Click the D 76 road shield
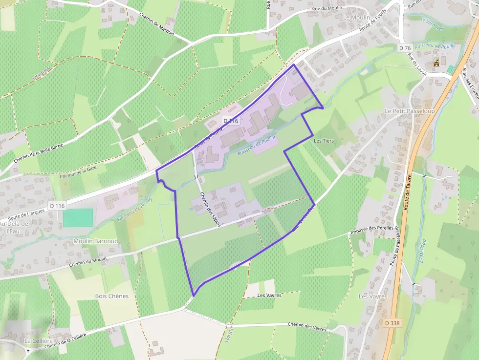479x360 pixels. click(404, 48)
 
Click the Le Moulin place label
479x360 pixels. click(357, 17)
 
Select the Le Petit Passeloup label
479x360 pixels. click(410, 111)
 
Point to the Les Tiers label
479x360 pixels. click(324, 141)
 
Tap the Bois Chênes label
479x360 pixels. click(112, 296)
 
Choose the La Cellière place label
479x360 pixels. click(38, 340)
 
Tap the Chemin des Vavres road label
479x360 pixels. click(307, 324)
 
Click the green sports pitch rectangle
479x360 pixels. click(78, 217)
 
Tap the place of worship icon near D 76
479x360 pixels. click(436, 64)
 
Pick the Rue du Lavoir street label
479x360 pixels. click(417, 66)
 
